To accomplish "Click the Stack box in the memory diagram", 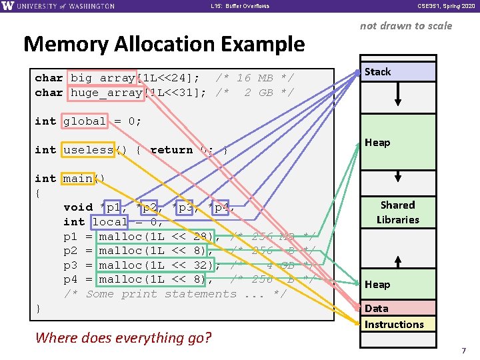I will pyautogui.click(x=397, y=71).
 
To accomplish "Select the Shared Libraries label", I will pyautogui.click(x=397, y=212).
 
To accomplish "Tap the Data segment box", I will pyautogui.click(x=397, y=308).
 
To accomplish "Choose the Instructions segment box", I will pyautogui.click(x=397, y=324).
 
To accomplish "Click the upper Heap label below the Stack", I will pyautogui.click(x=377, y=142).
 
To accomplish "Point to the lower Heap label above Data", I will pyautogui.click(x=377, y=285).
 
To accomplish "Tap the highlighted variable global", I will pyautogui.click(x=85, y=121).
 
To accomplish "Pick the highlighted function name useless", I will pyautogui.click(x=89, y=150).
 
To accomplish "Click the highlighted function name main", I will pyautogui.click(x=78, y=179).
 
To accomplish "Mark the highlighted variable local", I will pyautogui.click(x=110, y=222).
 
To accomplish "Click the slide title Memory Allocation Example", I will pyautogui.click(x=164, y=44).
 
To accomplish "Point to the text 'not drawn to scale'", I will pyautogui.click(x=405, y=26).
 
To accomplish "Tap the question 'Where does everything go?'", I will pyautogui.click(x=123, y=337).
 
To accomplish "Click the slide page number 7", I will pyautogui.click(x=461, y=350).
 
